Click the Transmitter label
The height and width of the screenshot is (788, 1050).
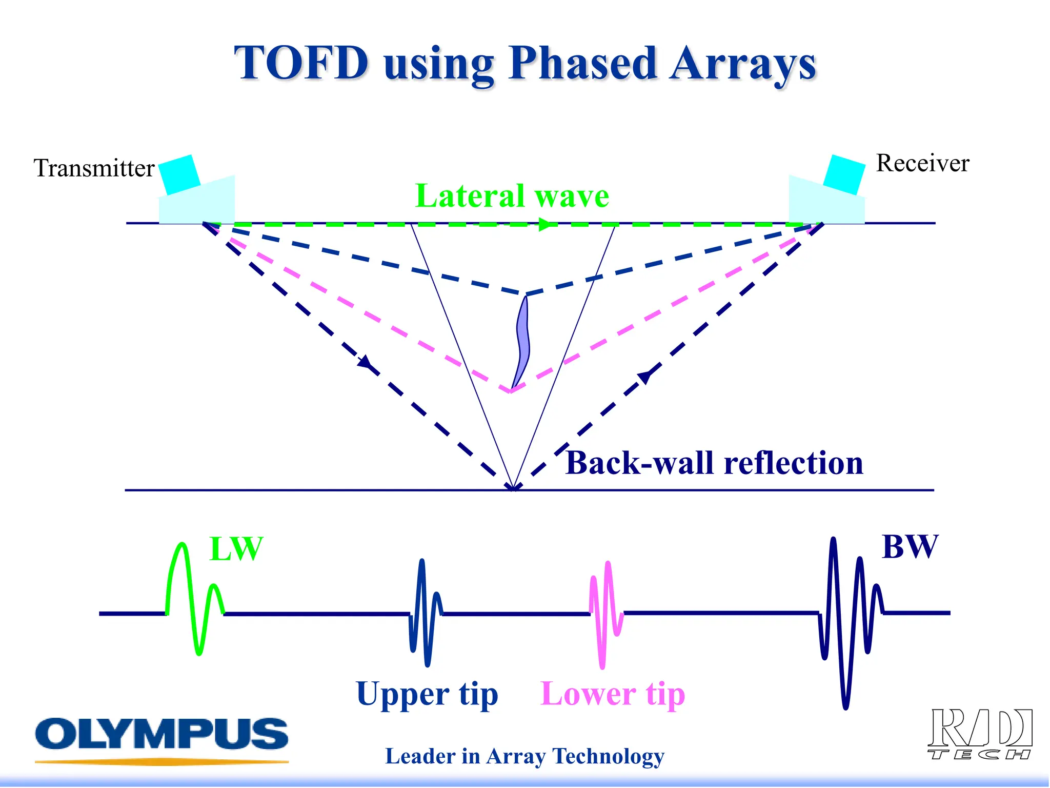coord(94,168)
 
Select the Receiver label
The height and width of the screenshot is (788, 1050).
coord(922,163)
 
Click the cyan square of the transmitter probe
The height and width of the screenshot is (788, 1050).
coord(179,174)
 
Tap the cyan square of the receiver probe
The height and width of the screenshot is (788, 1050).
coord(844,174)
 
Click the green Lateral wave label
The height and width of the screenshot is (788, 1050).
coord(512,196)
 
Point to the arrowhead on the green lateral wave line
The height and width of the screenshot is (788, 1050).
coord(548,225)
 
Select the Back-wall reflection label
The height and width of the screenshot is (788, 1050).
coord(714,463)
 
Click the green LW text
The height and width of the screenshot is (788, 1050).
coord(236,549)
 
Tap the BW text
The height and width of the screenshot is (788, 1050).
coord(910,547)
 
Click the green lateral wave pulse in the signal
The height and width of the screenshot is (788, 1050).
coord(194,598)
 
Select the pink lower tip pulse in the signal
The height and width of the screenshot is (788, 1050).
coord(606,613)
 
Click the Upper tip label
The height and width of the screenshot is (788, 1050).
coord(427,695)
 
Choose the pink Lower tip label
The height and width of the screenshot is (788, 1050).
coord(613,695)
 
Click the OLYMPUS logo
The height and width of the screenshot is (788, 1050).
coord(161,735)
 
